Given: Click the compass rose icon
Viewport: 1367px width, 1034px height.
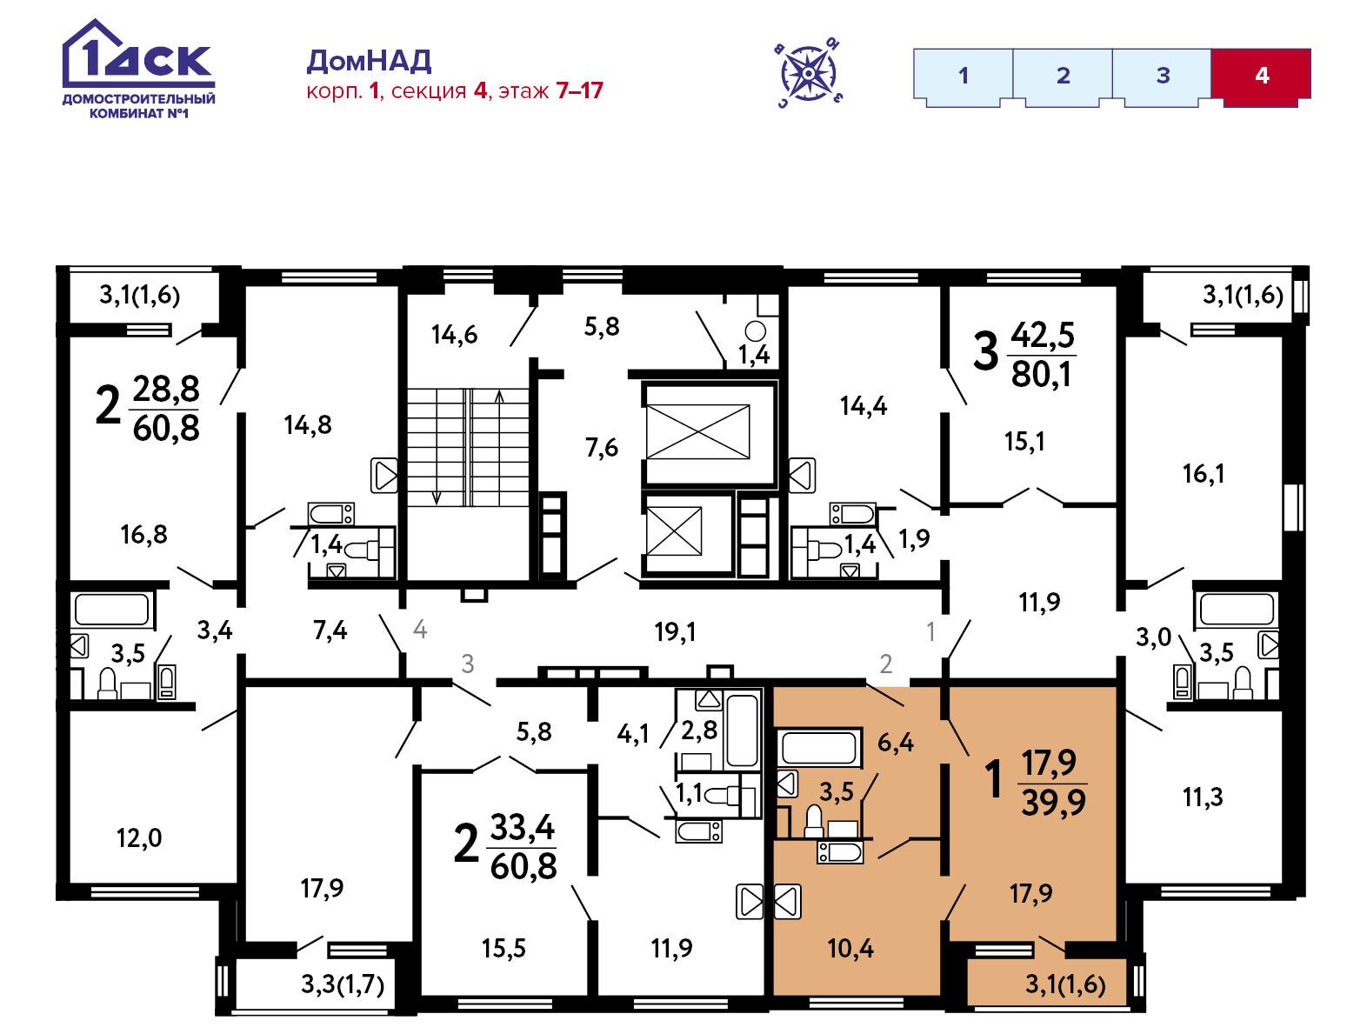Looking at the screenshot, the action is pyautogui.click(x=809, y=73).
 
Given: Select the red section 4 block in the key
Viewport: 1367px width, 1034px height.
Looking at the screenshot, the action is pyautogui.click(x=1261, y=77).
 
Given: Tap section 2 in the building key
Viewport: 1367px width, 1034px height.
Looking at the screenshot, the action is pyautogui.click(x=1063, y=77).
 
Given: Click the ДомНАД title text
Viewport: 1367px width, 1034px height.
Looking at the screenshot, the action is pyautogui.click(x=369, y=61).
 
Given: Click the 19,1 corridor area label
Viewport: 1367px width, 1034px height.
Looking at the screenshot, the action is pyautogui.click(x=675, y=632).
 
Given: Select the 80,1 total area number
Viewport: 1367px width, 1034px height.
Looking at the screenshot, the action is pyautogui.click(x=1041, y=375).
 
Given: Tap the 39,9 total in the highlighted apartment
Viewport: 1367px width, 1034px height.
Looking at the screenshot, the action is pyautogui.click(x=1053, y=802).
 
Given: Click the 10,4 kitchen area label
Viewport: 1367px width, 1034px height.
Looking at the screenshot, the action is pyautogui.click(x=850, y=949).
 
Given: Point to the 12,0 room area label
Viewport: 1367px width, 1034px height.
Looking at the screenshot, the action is pyautogui.click(x=139, y=838).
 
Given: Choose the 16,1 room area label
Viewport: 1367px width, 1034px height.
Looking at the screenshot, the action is pyautogui.click(x=1204, y=474).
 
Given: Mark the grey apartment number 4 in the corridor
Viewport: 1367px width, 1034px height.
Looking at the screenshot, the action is pyautogui.click(x=420, y=630).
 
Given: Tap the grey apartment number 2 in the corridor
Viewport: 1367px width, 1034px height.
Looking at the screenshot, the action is pyautogui.click(x=885, y=664).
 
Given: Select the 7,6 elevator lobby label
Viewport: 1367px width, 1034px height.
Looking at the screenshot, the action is pyautogui.click(x=602, y=448).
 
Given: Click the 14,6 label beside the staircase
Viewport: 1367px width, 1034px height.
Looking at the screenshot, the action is pyautogui.click(x=455, y=335).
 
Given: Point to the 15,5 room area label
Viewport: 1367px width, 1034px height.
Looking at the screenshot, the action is pyautogui.click(x=503, y=949).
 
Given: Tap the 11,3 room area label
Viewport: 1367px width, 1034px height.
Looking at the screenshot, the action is pyautogui.click(x=1203, y=797).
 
